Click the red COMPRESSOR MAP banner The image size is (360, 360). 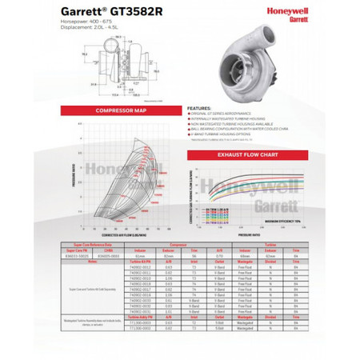120,110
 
